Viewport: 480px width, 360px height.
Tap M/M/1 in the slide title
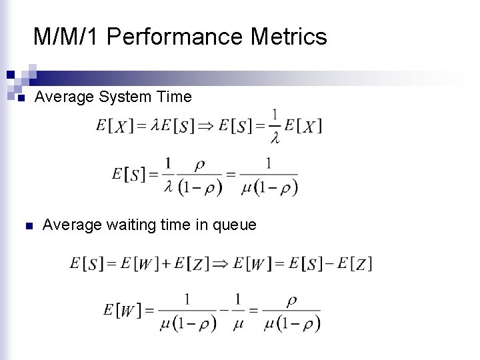click(x=67, y=37)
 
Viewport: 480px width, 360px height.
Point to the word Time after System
click(x=174, y=97)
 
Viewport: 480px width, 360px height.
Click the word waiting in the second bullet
click(x=132, y=225)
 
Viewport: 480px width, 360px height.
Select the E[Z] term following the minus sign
click(x=355, y=263)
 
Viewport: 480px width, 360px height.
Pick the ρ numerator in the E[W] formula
click(x=291, y=300)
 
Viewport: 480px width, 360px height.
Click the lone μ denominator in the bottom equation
click(x=237, y=324)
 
